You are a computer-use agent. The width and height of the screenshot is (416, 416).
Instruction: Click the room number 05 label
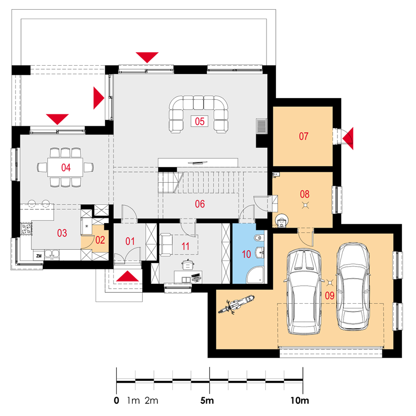coord(200,121)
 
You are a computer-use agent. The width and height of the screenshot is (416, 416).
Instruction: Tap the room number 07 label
coord(304,136)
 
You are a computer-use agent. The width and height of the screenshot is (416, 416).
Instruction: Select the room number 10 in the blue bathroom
coord(246,254)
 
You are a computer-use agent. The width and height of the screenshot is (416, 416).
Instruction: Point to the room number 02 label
coord(100,240)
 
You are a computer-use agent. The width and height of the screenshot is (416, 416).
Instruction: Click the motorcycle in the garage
coord(236,304)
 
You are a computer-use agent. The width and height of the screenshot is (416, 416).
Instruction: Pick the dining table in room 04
coord(65,167)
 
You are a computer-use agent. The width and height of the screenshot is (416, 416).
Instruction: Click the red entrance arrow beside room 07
coord(348,138)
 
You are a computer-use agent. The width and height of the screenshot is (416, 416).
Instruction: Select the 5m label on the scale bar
coord(207,400)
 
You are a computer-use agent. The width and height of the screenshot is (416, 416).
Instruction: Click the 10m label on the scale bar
coord(300,400)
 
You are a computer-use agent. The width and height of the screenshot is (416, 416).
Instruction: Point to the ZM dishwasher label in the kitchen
coord(39,256)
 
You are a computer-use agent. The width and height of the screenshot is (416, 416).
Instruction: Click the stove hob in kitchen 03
coord(26,229)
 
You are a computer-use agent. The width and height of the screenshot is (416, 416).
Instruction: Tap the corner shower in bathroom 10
coord(255,275)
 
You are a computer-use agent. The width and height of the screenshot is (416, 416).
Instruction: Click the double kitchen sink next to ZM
coord(52,254)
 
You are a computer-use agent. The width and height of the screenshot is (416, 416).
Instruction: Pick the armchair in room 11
coord(166,245)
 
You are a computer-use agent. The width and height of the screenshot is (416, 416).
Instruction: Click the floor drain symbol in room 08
coord(305,205)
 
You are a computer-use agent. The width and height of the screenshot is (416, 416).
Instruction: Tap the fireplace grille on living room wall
coord(262,126)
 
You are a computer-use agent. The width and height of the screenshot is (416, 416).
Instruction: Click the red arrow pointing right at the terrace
coord(99,98)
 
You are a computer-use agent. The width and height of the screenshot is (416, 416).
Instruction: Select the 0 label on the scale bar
coord(116,400)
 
